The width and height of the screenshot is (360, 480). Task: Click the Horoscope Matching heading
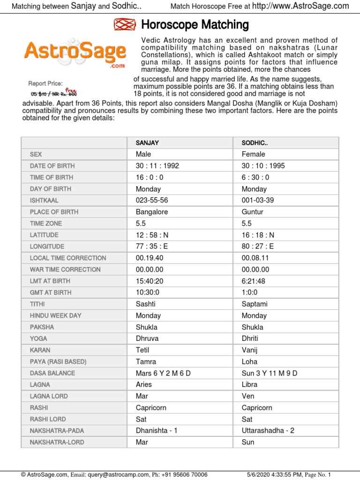click(195, 25)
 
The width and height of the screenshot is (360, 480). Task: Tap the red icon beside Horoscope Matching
click(124, 25)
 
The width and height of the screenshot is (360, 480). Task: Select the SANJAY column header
click(147, 142)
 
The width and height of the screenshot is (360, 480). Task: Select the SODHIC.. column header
click(255, 142)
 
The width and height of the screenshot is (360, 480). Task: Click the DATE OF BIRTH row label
click(52, 166)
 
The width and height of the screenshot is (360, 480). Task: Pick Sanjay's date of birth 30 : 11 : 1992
click(157, 166)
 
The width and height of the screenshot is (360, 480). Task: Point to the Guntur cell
click(253, 212)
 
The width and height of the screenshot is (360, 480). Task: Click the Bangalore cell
click(151, 212)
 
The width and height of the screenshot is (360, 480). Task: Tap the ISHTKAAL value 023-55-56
click(152, 201)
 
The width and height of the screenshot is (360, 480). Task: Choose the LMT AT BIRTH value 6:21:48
click(254, 281)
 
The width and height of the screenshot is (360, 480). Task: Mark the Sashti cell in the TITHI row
click(145, 304)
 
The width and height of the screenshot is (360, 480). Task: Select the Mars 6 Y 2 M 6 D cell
click(163, 373)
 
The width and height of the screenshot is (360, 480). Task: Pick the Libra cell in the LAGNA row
click(250, 384)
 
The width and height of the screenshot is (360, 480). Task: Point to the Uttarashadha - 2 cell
click(268, 430)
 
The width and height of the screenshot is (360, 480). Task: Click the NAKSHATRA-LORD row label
click(57, 442)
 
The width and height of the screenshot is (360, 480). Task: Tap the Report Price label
click(45, 83)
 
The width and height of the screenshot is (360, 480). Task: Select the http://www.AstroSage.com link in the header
click(300, 6)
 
